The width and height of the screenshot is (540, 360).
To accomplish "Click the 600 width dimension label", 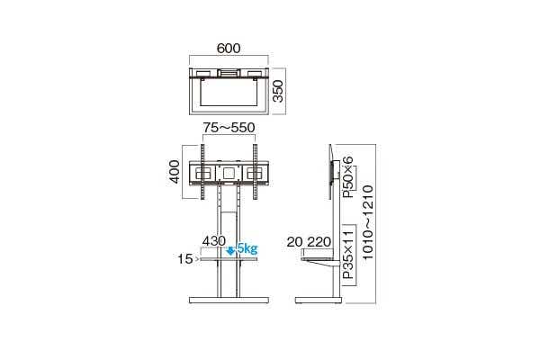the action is (x=229, y=49).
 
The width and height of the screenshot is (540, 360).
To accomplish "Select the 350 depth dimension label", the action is (x=277, y=91).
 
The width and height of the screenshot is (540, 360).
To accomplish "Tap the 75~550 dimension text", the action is (x=229, y=128).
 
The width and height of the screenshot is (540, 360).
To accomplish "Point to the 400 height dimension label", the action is (x=175, y=172).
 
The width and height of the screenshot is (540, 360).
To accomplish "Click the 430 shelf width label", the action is (x=214, y=241).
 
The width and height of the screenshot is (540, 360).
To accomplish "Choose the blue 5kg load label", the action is (x=247, y=248).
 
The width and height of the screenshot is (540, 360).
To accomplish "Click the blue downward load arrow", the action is (x=230, y=251).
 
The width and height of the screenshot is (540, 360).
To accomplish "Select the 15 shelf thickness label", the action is (x=184, y=259).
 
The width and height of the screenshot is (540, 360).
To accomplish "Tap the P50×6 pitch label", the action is (x=348, y=176).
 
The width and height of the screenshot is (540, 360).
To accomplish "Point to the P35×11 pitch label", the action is (x=348, y=255).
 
